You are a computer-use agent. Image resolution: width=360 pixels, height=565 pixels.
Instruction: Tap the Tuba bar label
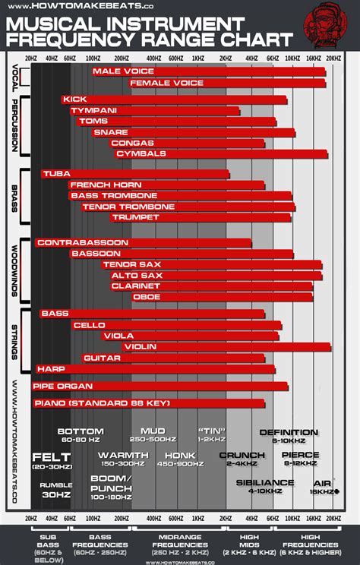[57, 174]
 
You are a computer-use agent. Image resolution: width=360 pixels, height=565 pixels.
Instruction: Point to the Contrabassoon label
[83, 243]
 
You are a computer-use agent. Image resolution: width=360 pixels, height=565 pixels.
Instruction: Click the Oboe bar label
[147, 297]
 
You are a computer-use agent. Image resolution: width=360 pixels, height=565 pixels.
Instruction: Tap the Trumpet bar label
[130, 217]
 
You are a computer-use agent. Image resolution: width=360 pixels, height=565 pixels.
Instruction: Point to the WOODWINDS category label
[16, 270]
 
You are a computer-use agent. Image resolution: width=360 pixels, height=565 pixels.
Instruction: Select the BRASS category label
[16, 196]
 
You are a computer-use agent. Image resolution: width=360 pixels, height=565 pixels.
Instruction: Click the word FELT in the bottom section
[52, 457]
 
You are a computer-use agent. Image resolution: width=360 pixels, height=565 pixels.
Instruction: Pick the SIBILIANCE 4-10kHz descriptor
[264, 486]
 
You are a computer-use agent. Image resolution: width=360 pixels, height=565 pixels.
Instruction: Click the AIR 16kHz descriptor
[323, 486]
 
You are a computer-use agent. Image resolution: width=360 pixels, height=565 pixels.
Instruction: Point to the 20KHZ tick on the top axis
[333, 57]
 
